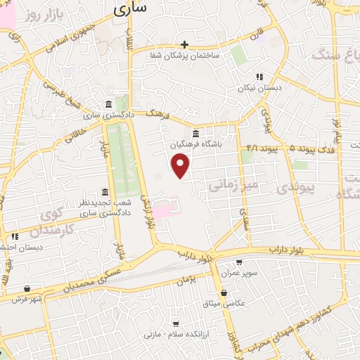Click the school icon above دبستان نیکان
click(x=259, y=77)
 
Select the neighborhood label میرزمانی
click(x=235, y=185)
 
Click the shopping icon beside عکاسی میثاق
click(x=224, y=292)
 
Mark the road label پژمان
click(x=199, y=279)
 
